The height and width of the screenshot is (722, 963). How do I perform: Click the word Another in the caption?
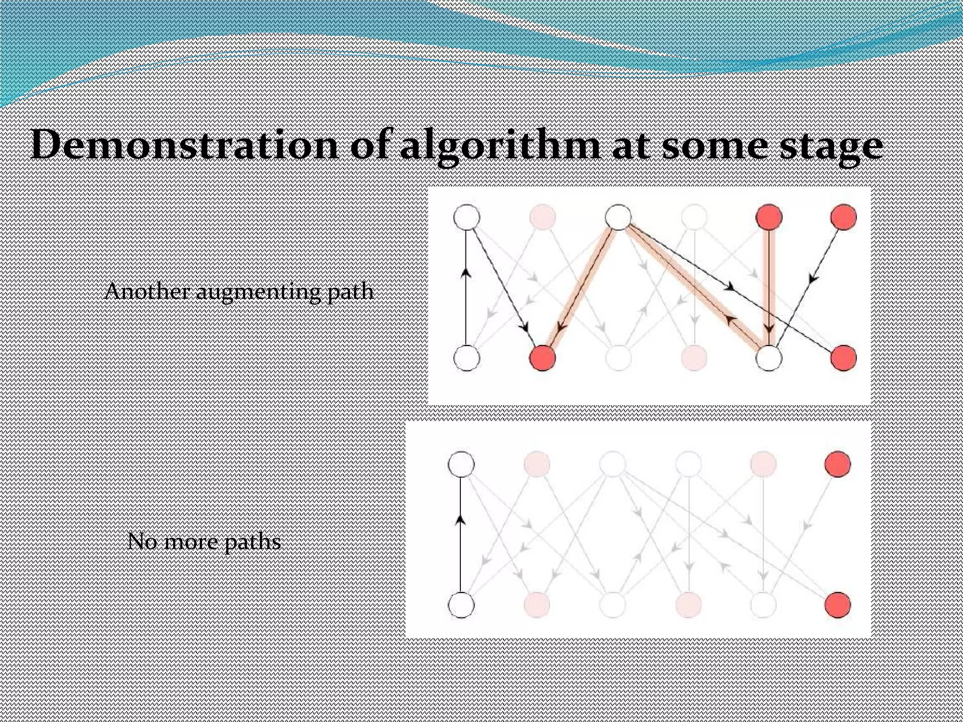click(x=147, y=291)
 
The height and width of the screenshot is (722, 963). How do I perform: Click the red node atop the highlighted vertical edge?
click(x=769, y=217)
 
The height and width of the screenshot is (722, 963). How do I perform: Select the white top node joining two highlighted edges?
click(x=618, y=217)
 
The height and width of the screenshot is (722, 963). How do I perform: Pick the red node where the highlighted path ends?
click(x=543, y=358)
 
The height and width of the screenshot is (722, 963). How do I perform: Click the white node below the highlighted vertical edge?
click(x=769, y=358)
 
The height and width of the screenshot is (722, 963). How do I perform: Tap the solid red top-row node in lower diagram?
click(x=838, y=464)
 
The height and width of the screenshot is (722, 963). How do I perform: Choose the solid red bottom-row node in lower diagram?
click(x=838, y=604)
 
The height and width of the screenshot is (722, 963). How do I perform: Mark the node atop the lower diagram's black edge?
click(x=461, y=464)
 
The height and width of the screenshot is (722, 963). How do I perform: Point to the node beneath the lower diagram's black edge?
click(x=461, y=604)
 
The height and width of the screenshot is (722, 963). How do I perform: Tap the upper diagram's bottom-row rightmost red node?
click(x=844, y=358)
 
